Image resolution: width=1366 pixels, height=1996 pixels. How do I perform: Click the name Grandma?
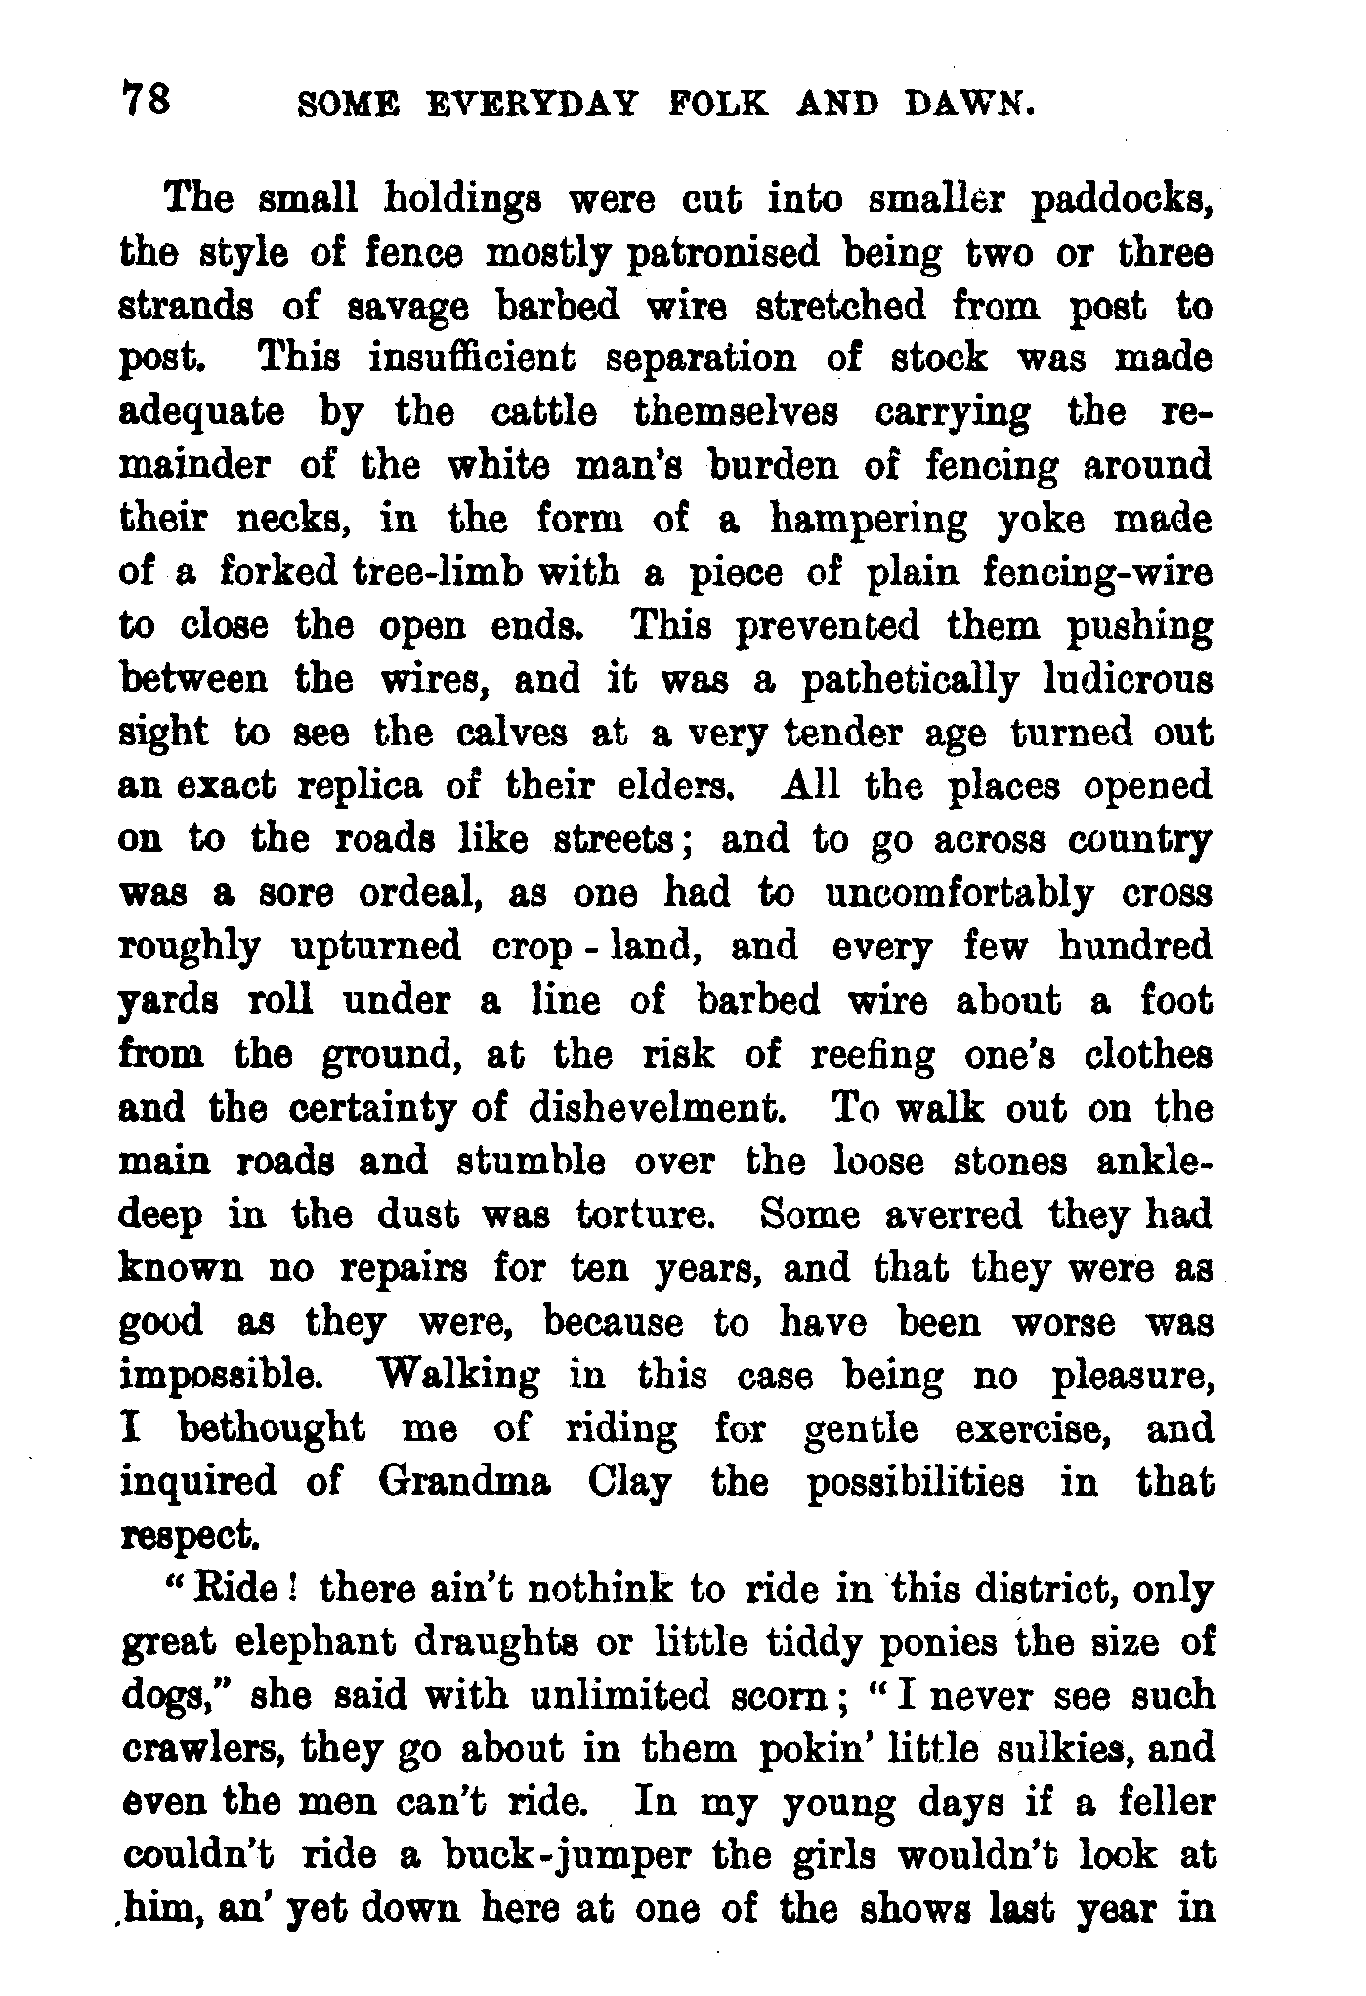(464, 1483)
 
